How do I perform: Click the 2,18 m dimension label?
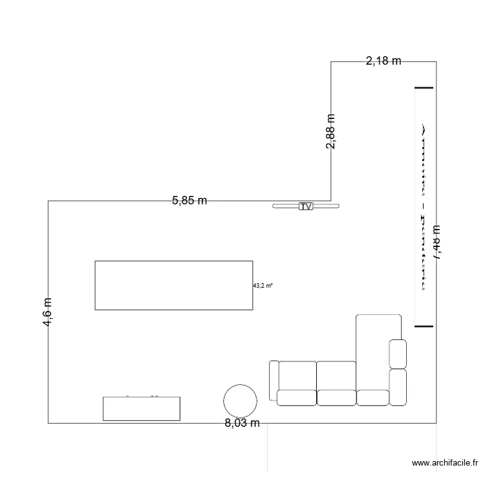click(383, 61)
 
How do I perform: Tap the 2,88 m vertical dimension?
click(330, 131)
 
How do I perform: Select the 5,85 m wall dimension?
click(189, 200)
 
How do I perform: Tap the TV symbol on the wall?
click(306, 206)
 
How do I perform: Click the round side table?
click(240, 400)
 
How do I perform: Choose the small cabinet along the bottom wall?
click(142, 408)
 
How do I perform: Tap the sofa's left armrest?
click(273, 380)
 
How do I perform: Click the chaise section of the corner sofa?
click(378, 349)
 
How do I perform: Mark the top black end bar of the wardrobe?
click(424, 87)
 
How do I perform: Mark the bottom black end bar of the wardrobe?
click(424, 327)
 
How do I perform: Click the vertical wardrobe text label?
click(424, 207)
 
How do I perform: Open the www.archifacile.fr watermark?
click(445, 463)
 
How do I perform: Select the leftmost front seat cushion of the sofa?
click(296, 398)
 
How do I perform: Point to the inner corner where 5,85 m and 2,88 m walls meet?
click(330, 200)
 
